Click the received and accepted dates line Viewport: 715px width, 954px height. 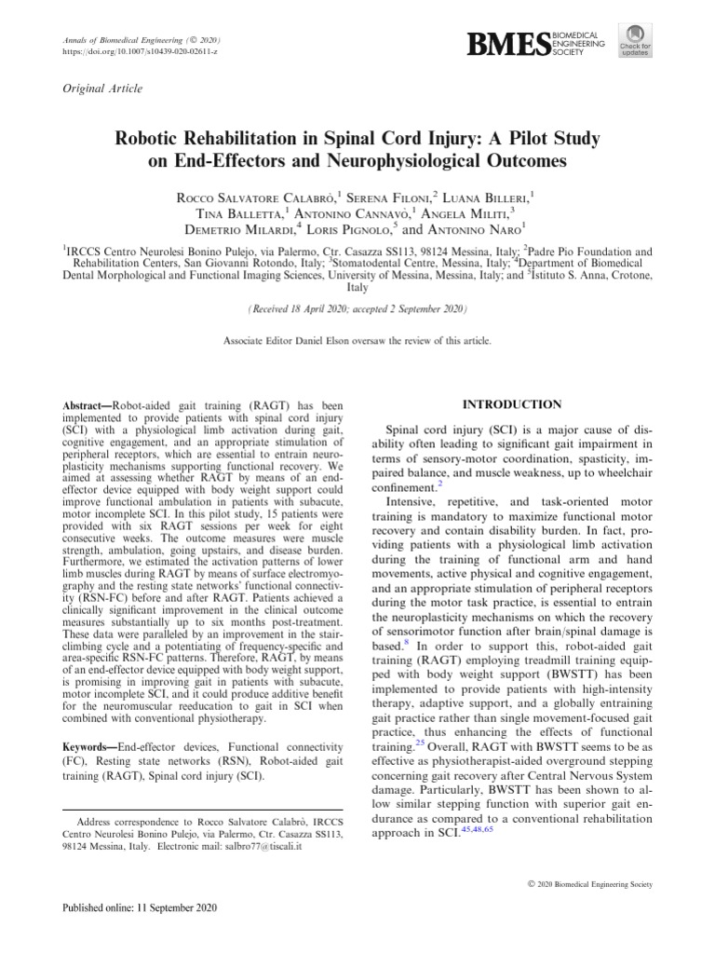[357, 307]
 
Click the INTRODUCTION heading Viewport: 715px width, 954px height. [501, 404]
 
